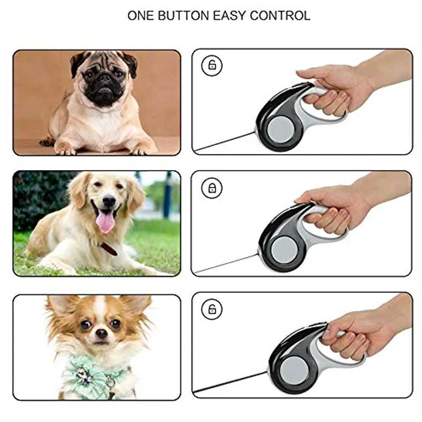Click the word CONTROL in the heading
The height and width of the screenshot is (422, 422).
click(280, 16)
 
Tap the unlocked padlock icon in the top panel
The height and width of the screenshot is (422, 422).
click(212, 65)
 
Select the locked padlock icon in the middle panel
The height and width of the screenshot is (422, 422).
click(212, 188)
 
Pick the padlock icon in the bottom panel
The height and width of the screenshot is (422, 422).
click(212, 309)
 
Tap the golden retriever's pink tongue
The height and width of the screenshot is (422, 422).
click(105, 222)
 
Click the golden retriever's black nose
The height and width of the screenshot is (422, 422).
click(109, 200)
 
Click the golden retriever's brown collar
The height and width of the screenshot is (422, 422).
click(109, 249)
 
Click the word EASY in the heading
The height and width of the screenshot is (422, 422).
click(230, 16)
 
